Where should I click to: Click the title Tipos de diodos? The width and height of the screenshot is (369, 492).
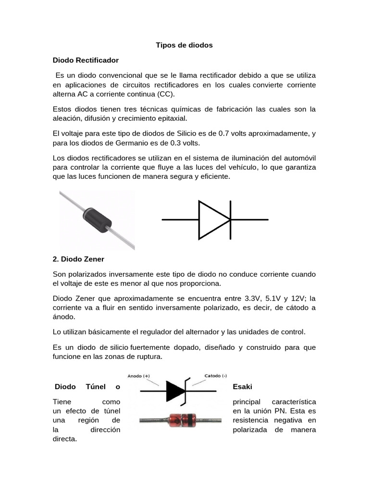(x=184, y=45)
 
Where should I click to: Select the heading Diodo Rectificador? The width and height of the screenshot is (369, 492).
(x=86, y=60)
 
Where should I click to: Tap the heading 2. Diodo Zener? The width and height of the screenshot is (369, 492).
(x=78, y=259)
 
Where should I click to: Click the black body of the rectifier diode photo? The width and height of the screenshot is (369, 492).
(x=98, y=220)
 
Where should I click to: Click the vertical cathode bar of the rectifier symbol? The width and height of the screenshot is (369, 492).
(x=231, y=220)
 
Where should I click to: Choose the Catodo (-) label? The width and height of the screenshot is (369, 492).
(x=216, y=375)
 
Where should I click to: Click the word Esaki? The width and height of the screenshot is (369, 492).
(x=242, y=386)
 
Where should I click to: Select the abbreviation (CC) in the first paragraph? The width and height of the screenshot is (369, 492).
(x=166, y=94)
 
